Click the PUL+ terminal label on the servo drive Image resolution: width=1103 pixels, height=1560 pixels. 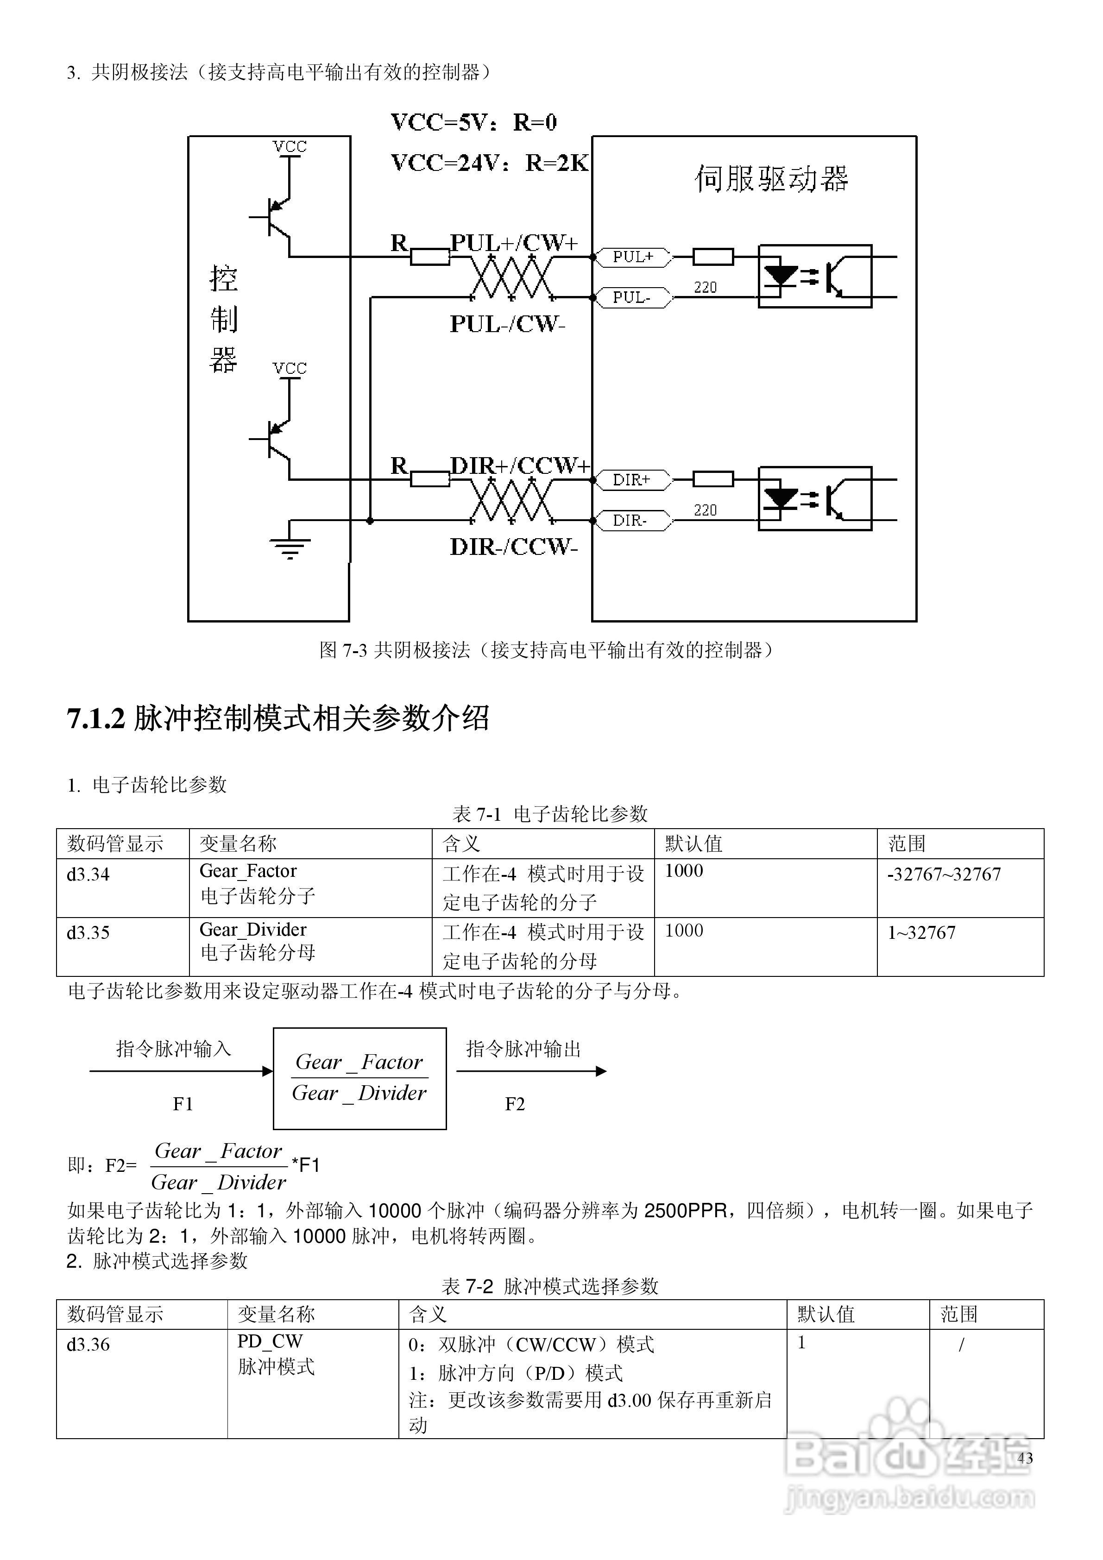(633, 257)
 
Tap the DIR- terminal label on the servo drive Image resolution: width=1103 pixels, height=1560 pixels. (630, 521)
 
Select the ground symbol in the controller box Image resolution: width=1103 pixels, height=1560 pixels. (290, 546)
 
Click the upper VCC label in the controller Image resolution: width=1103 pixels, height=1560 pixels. (290, 147)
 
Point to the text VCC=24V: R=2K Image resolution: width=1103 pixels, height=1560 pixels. (489, 163)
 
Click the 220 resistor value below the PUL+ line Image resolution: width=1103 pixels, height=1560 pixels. (706, 287)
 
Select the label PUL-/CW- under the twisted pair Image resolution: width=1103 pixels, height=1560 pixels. (508, 324)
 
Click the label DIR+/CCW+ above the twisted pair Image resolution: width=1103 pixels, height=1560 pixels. (520, 466)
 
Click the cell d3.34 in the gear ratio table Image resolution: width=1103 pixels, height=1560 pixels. (88, 874)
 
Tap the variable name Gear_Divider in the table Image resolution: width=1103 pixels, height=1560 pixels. (253, 930)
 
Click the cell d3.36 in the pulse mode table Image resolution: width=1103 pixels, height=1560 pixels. (88, 1345)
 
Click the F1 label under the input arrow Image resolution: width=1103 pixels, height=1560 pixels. (183, 1104)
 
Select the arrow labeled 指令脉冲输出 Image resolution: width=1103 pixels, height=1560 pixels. (531, 1071)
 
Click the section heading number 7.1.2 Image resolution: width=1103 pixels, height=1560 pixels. (96, 719)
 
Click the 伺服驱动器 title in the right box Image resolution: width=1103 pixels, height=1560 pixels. (771, 179)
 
